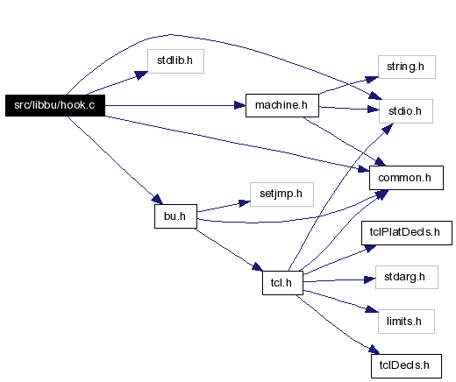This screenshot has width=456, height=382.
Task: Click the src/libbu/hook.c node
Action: [x=55, y=105]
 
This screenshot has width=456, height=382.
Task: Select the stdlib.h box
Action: [x=175, y=61]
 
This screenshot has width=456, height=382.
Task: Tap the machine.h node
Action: [x=282, y=105]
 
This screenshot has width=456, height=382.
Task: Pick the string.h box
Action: [x=407, y=67]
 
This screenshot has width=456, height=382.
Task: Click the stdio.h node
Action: [x=406, y=111]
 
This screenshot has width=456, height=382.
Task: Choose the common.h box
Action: [x=406, y=178]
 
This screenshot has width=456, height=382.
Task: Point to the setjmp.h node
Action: [x=281, y=195]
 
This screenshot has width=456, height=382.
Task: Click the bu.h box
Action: [x=175, y=216]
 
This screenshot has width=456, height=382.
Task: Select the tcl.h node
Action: [x=282, y=283]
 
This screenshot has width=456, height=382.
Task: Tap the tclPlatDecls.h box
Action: [x=407, y=233]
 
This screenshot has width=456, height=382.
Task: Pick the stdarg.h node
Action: [x=407, y=278]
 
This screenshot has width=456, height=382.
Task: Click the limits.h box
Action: [x=406, y=322]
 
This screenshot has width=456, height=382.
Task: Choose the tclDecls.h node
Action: [x=406, y=366]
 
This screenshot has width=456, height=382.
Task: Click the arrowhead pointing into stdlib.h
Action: [x=141, y=74]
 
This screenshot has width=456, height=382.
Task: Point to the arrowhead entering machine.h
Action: [x=240, y=105]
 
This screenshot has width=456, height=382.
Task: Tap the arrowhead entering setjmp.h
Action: [x=245, y=202]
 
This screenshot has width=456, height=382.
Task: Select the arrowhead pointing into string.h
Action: [x=372, y=80]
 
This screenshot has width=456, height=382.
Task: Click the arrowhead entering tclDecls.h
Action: [x=374, y=350]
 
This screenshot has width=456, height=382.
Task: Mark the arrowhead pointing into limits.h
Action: [x=372, y=309]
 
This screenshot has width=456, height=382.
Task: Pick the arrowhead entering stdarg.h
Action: [x=370, y=279]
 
